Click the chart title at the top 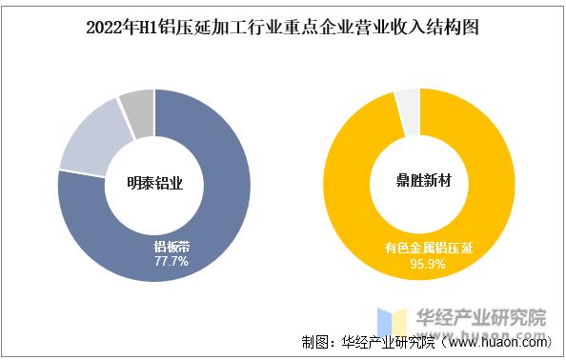[x=282, y=28]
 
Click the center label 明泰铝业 [x=154, y=183]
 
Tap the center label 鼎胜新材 [x=419, y=183]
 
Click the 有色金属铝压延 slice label [x=429, y=248]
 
